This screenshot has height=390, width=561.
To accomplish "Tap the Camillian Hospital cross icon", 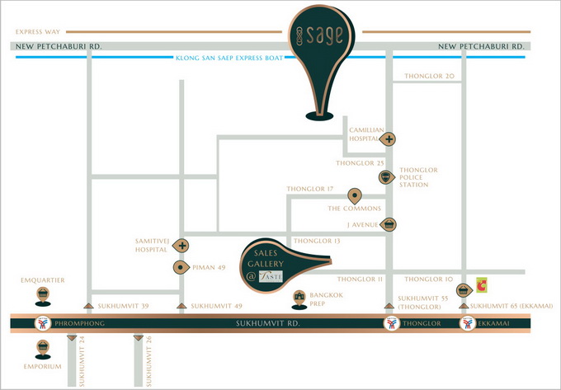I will tap(386, 139).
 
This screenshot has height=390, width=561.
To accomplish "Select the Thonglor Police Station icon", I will tap(384, 177).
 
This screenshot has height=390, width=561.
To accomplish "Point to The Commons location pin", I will tap(355, 195).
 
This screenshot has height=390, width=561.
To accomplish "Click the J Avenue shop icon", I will tap(389, 224).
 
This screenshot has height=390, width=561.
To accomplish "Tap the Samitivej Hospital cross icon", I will tap(181, 246).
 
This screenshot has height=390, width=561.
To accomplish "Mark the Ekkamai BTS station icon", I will tap(468, 323).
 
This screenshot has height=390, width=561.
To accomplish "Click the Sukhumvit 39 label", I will tap(124, 307).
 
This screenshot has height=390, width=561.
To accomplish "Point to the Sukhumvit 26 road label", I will tap(148, 362).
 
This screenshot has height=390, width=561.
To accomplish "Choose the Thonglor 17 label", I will tap(309, 189).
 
